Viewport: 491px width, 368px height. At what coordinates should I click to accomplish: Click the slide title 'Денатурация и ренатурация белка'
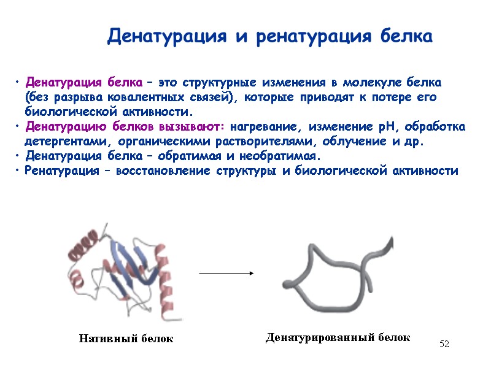click(x=270, y=36)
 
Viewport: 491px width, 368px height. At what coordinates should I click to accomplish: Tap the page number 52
click(x=444, y=345)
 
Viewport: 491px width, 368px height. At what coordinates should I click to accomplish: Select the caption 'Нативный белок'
click(x=126, y=339)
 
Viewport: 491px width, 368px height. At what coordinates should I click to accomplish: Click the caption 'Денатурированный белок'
click(x=338, y=337)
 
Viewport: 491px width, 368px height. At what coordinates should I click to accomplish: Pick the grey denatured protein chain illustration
click(x=334, y=273)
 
